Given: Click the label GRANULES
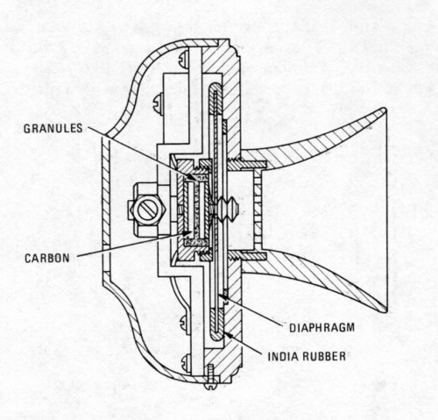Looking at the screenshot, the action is (53, 129).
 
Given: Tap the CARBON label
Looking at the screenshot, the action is (47, 258).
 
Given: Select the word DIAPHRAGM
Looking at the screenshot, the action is (322, 328).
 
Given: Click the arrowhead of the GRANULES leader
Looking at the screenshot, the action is (193, 178).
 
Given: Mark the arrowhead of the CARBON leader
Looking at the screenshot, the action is (186, 232).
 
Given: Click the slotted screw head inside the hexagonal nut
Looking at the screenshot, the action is (147, 210).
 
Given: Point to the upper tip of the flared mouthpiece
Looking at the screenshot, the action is (384, 110).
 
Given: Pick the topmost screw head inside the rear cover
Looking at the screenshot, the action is (183, 58).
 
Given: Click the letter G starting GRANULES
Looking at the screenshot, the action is (27, 129).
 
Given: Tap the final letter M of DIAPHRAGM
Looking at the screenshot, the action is (350, 328).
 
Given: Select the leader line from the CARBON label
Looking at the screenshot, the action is (131, 246).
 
